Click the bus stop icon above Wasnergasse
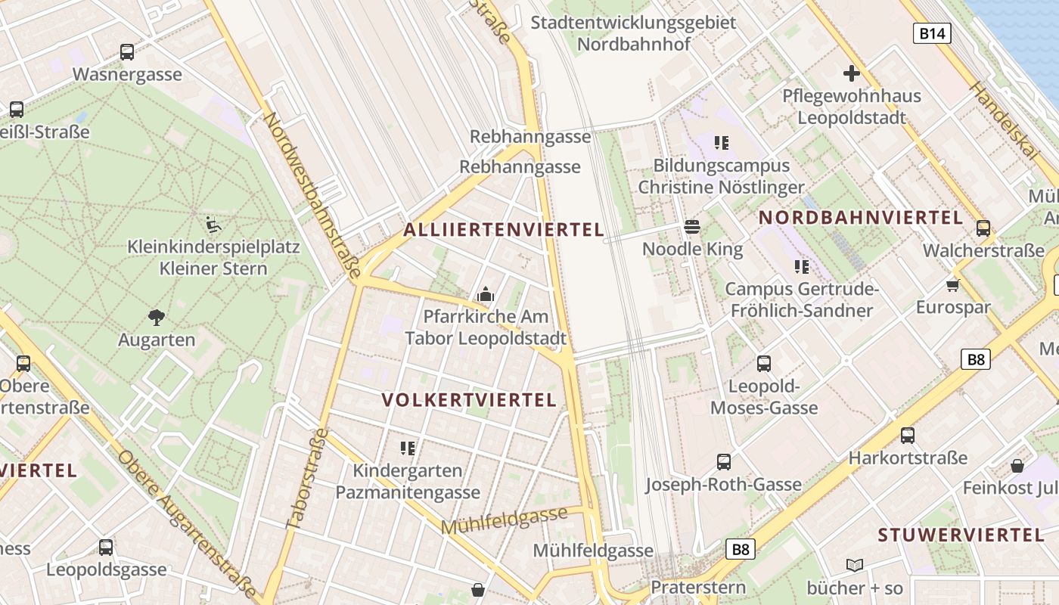coord(127,52)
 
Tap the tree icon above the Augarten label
coord(157,317)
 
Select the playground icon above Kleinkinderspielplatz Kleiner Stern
coord(213,224)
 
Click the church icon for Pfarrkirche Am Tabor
coord(486,294)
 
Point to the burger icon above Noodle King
coord(692,226)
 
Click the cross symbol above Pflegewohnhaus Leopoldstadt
coord(852,73)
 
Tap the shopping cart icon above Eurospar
coord(952,285)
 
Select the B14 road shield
coord(932,33)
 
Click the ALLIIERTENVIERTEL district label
coord(504,230)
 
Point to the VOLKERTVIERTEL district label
coord(469,400)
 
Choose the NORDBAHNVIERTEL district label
coord(861,218)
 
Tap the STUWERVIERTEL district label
coord(961,535)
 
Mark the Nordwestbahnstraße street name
coord(311,192)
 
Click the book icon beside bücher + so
coord(855,565)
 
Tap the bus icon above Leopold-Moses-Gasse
coord(764,364)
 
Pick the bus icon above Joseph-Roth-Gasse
coord(724,461)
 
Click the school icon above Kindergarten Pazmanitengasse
coord(408,448)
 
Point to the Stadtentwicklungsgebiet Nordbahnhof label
coord(634,33)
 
